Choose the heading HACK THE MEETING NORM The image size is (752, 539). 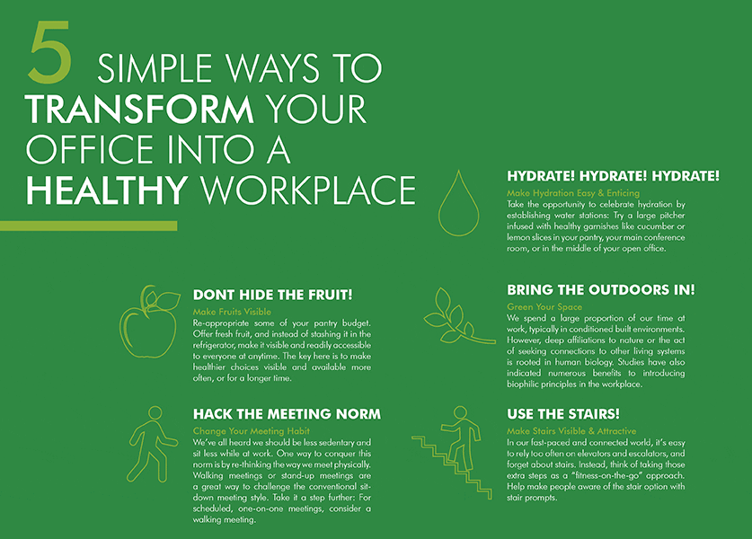point(287,414)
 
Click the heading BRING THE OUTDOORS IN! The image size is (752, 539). point(600,291)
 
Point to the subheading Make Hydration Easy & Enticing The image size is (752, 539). point(573,193)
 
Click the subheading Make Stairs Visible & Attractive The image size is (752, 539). point(571,431)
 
